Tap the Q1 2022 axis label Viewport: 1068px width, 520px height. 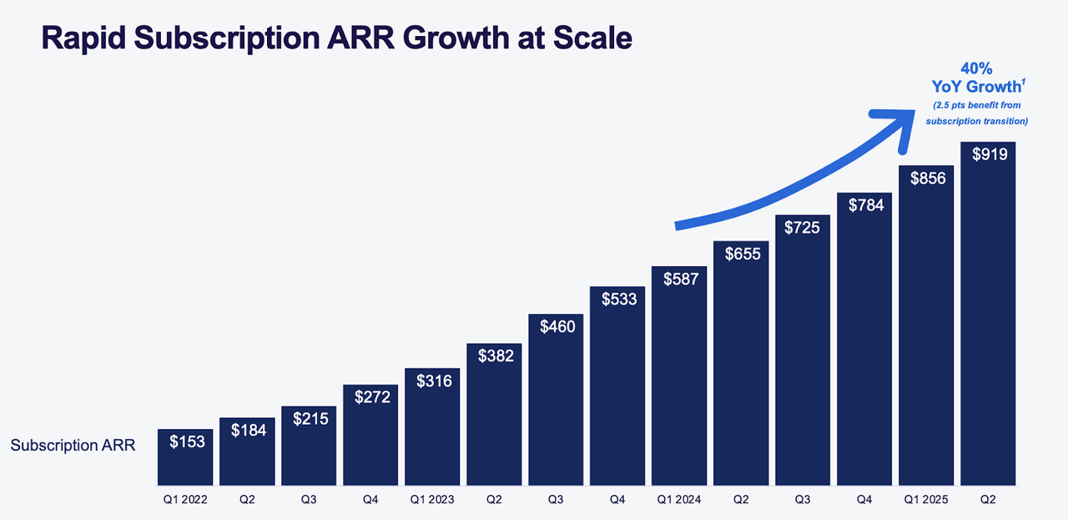[x=184, y=500]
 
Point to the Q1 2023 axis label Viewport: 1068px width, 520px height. [x=431, y=500]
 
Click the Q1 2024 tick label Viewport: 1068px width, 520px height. [x=678, y=500]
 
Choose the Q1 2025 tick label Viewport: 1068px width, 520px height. [x=926, y=500]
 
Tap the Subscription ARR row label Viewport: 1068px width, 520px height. [x=73, y=446]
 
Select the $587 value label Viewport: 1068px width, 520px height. [x=679, y=280]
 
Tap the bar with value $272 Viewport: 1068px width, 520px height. [x=370, y=442]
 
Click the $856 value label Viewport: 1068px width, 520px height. [x=926, y=178]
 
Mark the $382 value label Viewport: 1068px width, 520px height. [x=494, y=356]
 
